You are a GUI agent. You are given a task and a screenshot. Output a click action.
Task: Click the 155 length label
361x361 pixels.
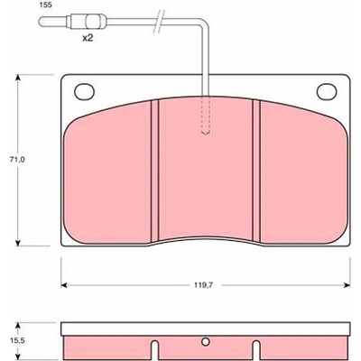45,5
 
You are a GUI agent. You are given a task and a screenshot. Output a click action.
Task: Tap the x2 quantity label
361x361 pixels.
88,38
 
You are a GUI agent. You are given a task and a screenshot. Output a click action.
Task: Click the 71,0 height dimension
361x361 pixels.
19,160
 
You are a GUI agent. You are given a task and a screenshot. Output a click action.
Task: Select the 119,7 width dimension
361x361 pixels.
206,285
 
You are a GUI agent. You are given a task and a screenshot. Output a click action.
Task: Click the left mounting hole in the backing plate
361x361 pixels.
84,91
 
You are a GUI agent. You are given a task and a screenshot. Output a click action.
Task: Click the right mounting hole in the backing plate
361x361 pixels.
327,91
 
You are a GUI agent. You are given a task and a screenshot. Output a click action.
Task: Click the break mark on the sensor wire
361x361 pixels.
159,21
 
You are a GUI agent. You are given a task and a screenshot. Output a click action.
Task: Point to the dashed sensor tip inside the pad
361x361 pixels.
206,116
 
